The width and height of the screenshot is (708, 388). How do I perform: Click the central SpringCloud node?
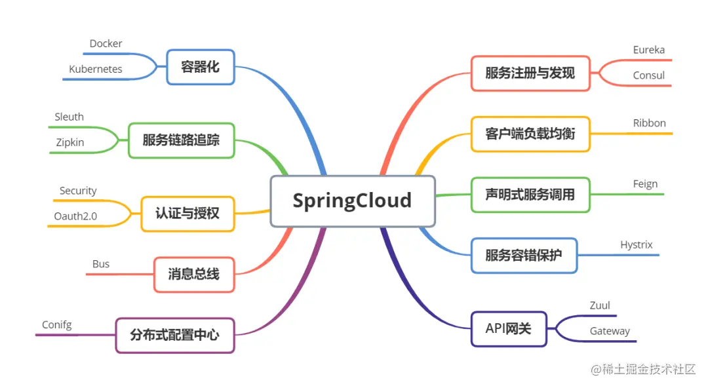pos(353,201)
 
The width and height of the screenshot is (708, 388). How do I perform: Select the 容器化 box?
pos(201,67)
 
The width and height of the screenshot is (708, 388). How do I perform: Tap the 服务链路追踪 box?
pos(181,140)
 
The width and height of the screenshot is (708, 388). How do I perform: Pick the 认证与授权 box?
pos(187,214)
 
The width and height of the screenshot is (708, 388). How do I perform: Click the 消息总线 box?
pos(193,274)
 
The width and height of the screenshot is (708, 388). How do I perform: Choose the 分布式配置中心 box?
pos(174,335)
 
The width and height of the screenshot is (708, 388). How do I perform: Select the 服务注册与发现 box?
pos(530,73)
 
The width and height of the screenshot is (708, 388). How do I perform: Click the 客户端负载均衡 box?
pos(530,134)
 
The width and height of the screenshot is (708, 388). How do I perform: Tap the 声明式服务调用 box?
pos(530,195)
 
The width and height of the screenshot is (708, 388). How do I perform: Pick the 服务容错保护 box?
pos(524,256)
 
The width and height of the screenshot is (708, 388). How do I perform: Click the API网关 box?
pos(509,329)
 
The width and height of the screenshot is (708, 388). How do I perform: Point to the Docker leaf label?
pos(106,44)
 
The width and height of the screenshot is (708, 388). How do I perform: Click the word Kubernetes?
pos(96,69)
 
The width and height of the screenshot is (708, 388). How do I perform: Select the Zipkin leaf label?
pos(69,142)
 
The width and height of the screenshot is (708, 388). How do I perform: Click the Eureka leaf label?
pos(648,50)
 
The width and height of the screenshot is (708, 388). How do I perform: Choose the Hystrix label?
pos(637,245)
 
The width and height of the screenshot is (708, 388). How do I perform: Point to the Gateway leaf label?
pos(610,331)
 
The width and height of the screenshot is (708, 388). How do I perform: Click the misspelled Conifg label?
pos(57,325)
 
